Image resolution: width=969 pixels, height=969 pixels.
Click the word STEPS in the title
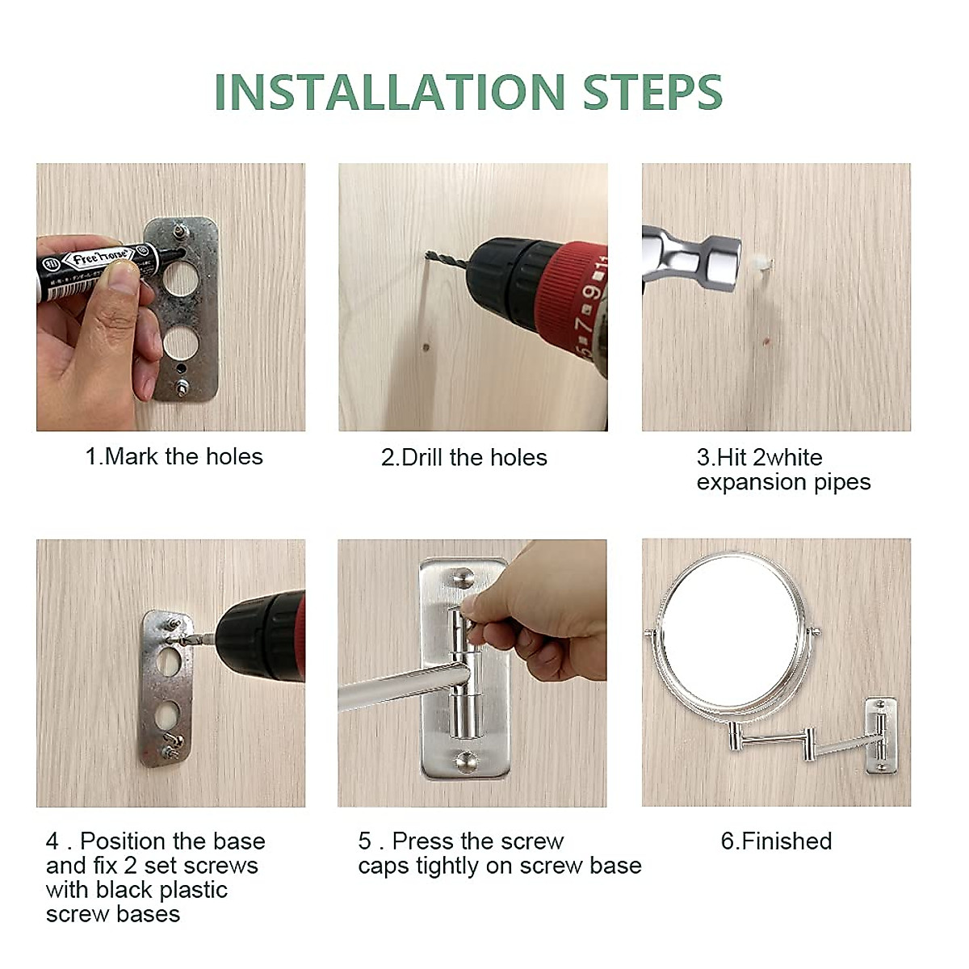pyautogui.click(x=652, y=91)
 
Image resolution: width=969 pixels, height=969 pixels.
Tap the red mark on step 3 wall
pyautogui.click(x=766, y=342)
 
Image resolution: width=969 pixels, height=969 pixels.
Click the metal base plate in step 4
pyautogui.click(x=166, y=687)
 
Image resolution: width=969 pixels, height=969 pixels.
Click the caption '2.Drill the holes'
pyautogui.click(x=464, y=458)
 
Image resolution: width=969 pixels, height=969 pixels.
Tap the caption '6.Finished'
pyautogui.click(x=776, y=841)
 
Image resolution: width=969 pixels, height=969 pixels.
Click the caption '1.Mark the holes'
pyautogui.click(x=174, y=456)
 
